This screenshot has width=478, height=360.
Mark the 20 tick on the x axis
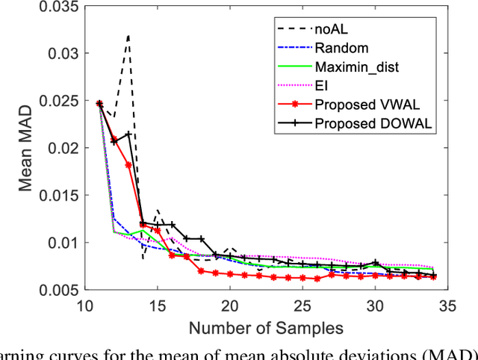click(230, 306)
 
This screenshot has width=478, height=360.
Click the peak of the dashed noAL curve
click(128, 35)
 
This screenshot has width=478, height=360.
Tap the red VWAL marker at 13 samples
click(128, 165)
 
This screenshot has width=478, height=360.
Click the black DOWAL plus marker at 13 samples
click(128, 134)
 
